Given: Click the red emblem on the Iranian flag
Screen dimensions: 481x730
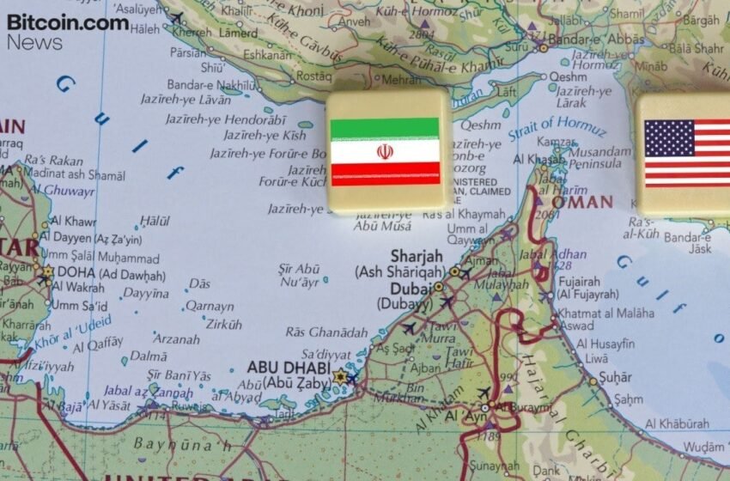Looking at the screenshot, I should point(385,152).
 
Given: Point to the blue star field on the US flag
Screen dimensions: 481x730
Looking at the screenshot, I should point(668,137).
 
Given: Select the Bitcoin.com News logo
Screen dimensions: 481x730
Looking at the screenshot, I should point(67,31).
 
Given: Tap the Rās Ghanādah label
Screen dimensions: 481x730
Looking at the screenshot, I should point(326,332).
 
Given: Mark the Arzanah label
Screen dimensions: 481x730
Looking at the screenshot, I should point(177,339).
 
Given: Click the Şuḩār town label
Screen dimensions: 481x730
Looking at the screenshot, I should point(616,377).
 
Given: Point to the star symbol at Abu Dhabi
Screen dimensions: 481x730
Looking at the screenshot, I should point(339,376).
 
